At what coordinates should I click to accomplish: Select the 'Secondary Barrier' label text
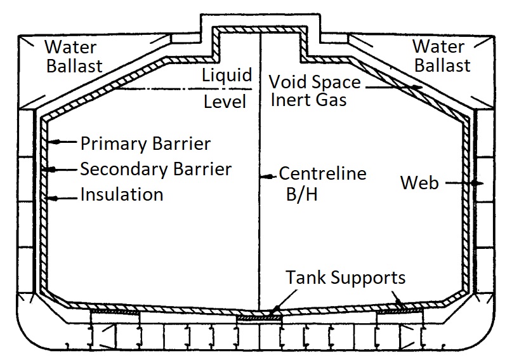point(155,170)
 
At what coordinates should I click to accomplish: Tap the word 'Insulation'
point(121,194)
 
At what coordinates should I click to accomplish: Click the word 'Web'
point(419,183)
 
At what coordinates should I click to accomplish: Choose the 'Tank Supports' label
point(345,278)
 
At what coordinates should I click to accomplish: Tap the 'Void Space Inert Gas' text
point(314,91)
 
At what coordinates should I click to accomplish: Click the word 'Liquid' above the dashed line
point(227,75)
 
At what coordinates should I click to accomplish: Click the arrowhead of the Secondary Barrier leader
point(51,170)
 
